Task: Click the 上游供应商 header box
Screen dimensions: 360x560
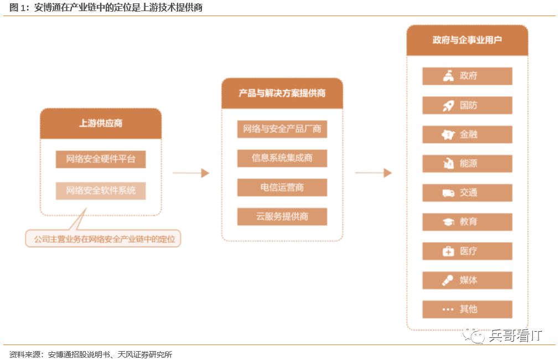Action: tap(101, 124)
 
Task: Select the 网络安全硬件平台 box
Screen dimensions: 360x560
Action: tap(101, 160)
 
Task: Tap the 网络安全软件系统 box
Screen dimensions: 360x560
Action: tap(101, 191)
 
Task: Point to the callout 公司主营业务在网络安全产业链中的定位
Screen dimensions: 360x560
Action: tap(103, 239)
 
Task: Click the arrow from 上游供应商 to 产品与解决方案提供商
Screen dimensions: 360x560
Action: tap(191, 173)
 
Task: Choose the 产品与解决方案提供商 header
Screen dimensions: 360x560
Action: tap(282, 94)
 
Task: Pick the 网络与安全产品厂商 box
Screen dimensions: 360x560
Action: tap(282, 130)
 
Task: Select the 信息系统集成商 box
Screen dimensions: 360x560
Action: tap(282, 158)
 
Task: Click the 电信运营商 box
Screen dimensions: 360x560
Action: tap(282, 187)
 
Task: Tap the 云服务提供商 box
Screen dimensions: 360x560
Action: tap(282, 217)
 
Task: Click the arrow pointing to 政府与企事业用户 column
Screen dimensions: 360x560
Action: tap(374, 173)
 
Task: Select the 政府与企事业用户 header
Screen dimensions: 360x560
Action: tap(467, 40)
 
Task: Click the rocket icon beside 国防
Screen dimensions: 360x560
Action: tap(448, 106)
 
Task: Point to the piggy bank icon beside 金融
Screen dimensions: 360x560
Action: tap(448, 135)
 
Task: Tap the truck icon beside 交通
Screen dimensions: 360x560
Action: tap(448, 193)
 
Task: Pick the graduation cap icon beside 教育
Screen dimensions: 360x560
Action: tap(448, 222)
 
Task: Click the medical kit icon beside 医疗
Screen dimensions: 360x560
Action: tap(448, 251)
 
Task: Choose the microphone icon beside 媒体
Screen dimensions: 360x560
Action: tap(448, 280)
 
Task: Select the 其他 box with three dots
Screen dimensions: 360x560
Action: tap(467, 309)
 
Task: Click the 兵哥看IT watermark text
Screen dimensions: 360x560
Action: tap(515, 335)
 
